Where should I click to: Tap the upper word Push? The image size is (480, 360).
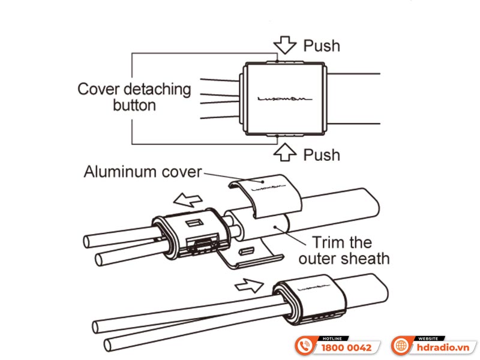(321, 46)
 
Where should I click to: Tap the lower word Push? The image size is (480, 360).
(321, 155)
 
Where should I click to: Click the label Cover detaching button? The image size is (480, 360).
(134, 97)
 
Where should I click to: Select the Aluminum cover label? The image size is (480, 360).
(143, 172)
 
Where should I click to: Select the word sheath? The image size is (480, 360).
(367, 259)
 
